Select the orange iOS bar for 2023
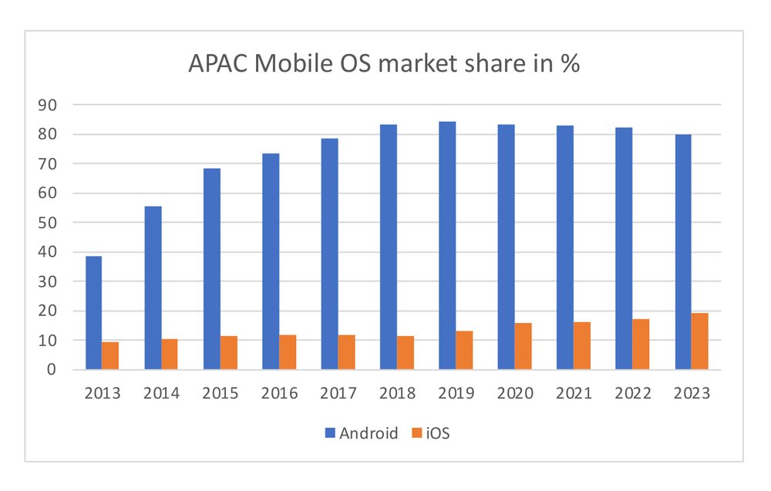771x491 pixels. pyautogui.click(x=699, y=341)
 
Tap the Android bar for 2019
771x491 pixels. pyautogui.click(x=447, y=245)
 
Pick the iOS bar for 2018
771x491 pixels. pyautogui.click(x=406, y=352)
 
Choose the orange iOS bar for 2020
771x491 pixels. pyautogui.click(x=523, y=346)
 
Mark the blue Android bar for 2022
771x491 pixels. pyautogui.click(x=624, y=248)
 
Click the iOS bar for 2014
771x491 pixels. pyautogui.click(x=170, y=354)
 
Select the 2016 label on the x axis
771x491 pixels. pyautogui.click(x=279, y=393)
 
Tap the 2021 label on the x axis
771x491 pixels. pyautogui.click(x=574, y=393)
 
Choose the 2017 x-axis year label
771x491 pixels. pyautogui.click(x=338, y=393)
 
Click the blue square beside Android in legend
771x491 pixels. pyautogui.click(x=330, y=433)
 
